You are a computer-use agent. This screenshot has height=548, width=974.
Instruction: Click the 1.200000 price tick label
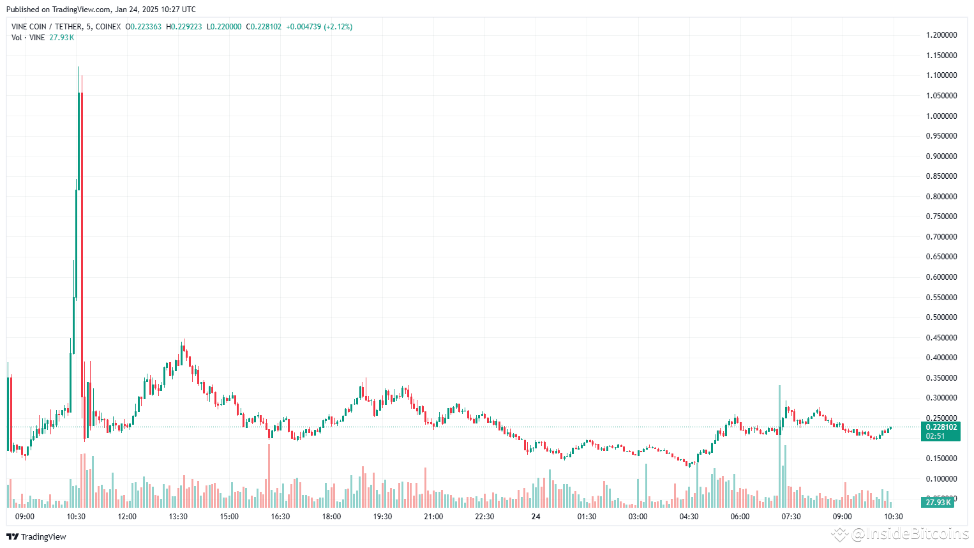[x=941, y=35]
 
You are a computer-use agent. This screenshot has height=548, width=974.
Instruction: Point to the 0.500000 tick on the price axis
[x=941, y=317]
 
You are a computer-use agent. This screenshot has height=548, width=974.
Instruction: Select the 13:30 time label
[x=178, y=517]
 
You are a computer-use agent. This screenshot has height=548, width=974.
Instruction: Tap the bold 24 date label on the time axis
[x=536, y=517]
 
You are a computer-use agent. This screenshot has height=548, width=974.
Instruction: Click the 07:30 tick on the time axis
[x=791, y=517]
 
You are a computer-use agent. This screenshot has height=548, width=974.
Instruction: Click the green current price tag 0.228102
[x=941, y=427]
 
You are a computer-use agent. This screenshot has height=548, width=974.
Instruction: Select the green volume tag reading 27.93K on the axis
[x=938, y=503]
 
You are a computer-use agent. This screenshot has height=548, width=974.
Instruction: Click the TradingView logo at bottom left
[x=36, y=537]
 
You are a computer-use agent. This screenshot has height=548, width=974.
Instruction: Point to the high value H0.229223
[x=184, y=27]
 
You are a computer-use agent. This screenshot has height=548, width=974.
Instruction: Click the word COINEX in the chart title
[x=108, y=27]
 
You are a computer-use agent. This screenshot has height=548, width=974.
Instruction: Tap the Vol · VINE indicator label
[x=28, y=38]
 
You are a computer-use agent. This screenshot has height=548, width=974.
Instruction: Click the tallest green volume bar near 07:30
[x=779, y=447]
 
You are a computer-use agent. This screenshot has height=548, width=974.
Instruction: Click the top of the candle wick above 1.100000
[x=79, y=68]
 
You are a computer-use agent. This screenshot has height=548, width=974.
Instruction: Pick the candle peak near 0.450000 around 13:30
[x=184, y=340]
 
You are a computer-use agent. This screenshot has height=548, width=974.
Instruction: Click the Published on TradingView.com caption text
[x=101, y=10]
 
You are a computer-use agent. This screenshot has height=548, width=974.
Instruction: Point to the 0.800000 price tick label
[x=941, y=197]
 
